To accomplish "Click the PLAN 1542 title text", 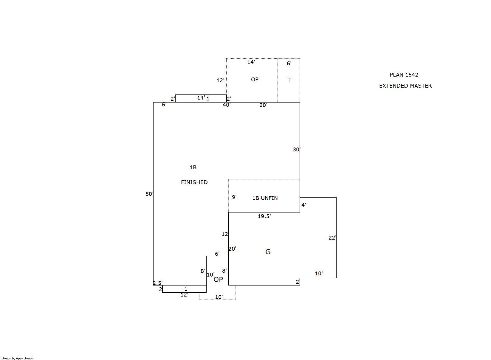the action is [404, 75].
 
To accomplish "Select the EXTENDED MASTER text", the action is [405, 86].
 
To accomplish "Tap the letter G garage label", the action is [268, 252].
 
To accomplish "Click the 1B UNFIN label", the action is [265, 198].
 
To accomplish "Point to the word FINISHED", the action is [194, 182].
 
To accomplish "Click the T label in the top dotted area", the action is [290, 80].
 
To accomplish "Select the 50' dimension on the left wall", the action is [149, 194].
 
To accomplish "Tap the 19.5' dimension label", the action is [264, 216].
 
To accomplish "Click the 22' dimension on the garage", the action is [332, 238].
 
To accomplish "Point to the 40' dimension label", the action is [227, 105].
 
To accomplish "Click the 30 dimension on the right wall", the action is [296, 149].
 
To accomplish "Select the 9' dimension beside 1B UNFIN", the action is [234, 197].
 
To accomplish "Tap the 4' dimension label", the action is [303, 205].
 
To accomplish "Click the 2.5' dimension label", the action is [158, 283].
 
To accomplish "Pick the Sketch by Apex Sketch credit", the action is [18, 358].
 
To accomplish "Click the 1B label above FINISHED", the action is [193, 167].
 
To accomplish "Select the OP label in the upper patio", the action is [255, 79].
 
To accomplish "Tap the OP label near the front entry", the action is [218, 279].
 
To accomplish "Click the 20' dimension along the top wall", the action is [263, 105].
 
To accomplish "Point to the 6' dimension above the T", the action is [289, 63].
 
